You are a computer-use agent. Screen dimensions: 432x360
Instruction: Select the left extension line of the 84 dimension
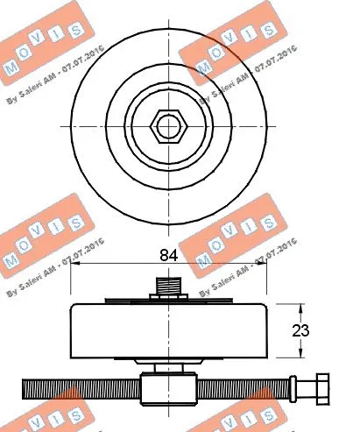pyautogui.click(x=69, y=285)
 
